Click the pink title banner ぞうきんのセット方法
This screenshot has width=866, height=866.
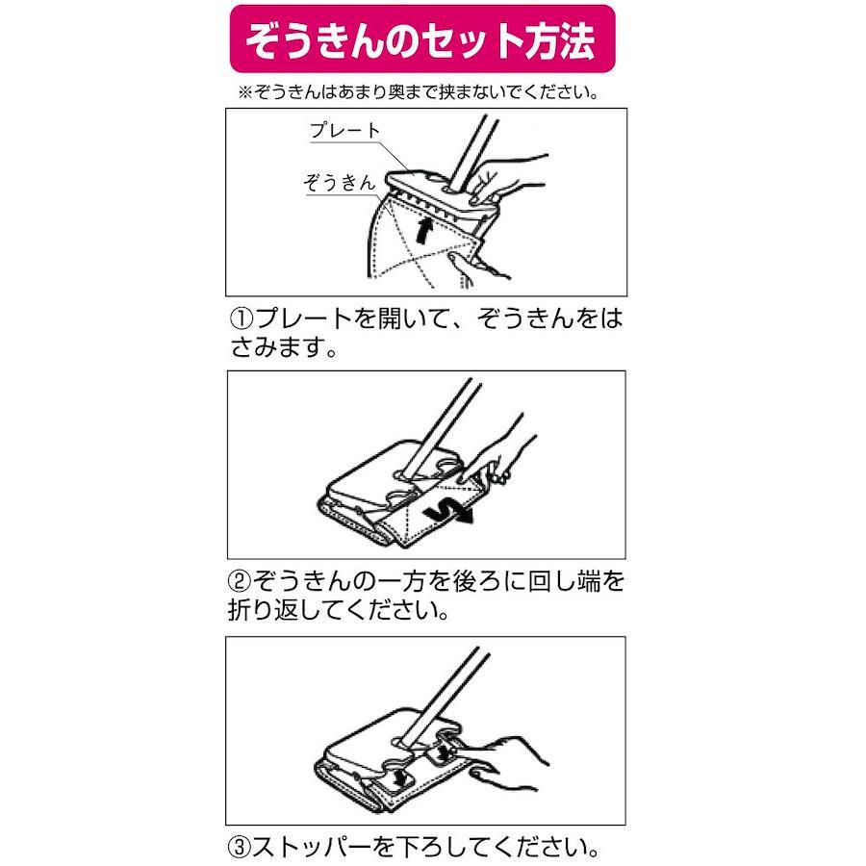click(x=422, y=39)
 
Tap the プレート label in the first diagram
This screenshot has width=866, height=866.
click(x=345, y=130)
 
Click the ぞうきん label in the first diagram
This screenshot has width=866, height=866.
click(x=339, y=182)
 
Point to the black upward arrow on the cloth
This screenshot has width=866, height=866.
click(x=422, y=229)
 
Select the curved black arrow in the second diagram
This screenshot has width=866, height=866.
click(x=448, y=512)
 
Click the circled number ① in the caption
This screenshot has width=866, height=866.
click(x=242, y=318)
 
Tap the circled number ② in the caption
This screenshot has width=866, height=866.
click(x=240, y=581)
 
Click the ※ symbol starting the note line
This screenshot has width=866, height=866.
click(x=244, y=92)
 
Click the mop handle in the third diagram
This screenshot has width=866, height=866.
click(x=445, y=696)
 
